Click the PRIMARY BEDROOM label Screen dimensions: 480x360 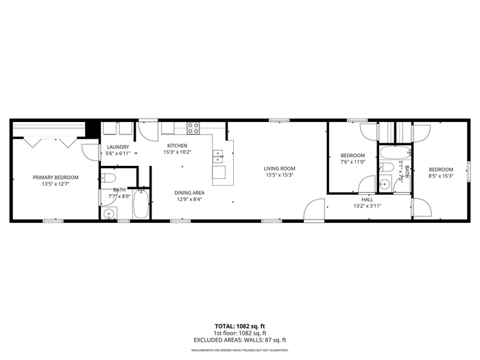(56, 177)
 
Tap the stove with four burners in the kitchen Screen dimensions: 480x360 (193, 128)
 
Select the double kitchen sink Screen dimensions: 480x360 (218, 156)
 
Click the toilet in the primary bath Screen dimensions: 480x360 (108, 178)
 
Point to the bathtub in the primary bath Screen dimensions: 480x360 (141, 204)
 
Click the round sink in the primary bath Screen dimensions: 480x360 (109, 213)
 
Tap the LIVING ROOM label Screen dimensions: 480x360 (280, 169)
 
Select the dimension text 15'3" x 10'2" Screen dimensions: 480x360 (177, 152)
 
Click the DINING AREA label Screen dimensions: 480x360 (189, 193)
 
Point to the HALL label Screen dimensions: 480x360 (368, 200)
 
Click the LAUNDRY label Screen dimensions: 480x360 (118, 147)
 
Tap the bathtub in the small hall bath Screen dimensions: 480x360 (394, 153)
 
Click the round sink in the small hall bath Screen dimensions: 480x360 (385, 184)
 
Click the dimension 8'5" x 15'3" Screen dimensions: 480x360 (441, 176)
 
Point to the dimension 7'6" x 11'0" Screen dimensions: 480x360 (353, 162)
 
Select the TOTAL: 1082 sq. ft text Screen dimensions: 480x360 (240, 326)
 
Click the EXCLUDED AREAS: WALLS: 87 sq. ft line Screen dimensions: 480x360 (240, 340)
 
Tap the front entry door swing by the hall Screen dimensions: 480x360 (314, 209)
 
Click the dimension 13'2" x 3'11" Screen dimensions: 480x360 (368, 206)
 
